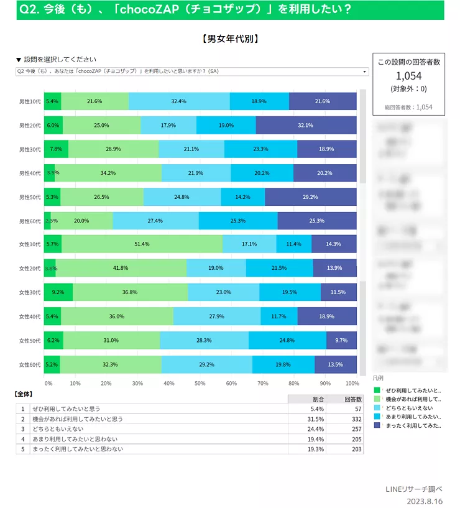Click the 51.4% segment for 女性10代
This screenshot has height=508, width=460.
[142, 244]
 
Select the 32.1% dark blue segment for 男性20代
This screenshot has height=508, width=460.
[305, 125]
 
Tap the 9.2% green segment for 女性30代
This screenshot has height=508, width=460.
[58, 292]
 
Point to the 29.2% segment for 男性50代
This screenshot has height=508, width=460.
[310, 197]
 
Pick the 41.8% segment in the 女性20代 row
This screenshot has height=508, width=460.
[121, 268]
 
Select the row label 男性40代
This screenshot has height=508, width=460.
[30, 173]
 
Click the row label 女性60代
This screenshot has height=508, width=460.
[30, 364]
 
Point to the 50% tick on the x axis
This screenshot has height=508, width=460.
[200, 383]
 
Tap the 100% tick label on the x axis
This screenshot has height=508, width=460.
[352, 383]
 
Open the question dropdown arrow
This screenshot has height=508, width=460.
[365, 72]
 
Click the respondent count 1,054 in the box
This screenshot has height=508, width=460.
[409, 75]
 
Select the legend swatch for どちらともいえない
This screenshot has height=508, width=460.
[377, 408]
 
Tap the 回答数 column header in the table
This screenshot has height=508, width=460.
[352, 399]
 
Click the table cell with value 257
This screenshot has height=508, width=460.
[353, 429]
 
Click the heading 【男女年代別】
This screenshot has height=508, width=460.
[231, 39]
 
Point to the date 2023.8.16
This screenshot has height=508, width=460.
[425, 501]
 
